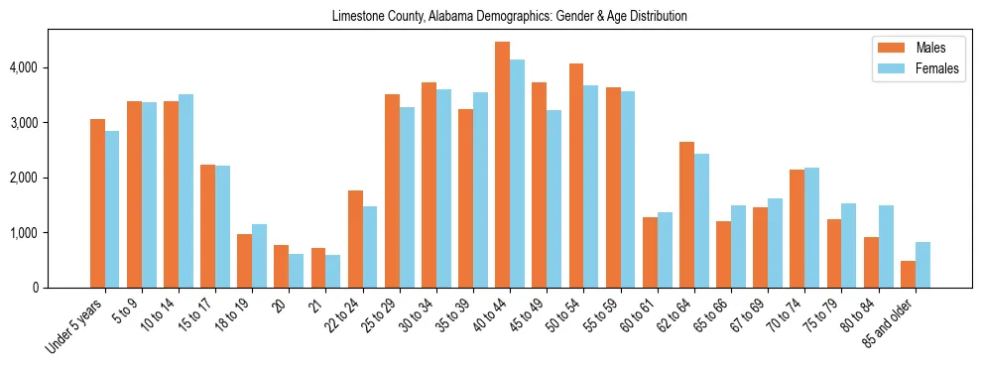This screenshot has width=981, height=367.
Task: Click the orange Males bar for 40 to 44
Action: (503, 165)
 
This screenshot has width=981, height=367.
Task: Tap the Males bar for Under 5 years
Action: (97, 203)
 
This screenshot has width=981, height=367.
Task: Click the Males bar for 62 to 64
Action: (686, 214)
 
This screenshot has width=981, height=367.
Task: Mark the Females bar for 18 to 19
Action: (260, 256)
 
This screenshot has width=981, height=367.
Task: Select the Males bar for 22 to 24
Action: (355, 239)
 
